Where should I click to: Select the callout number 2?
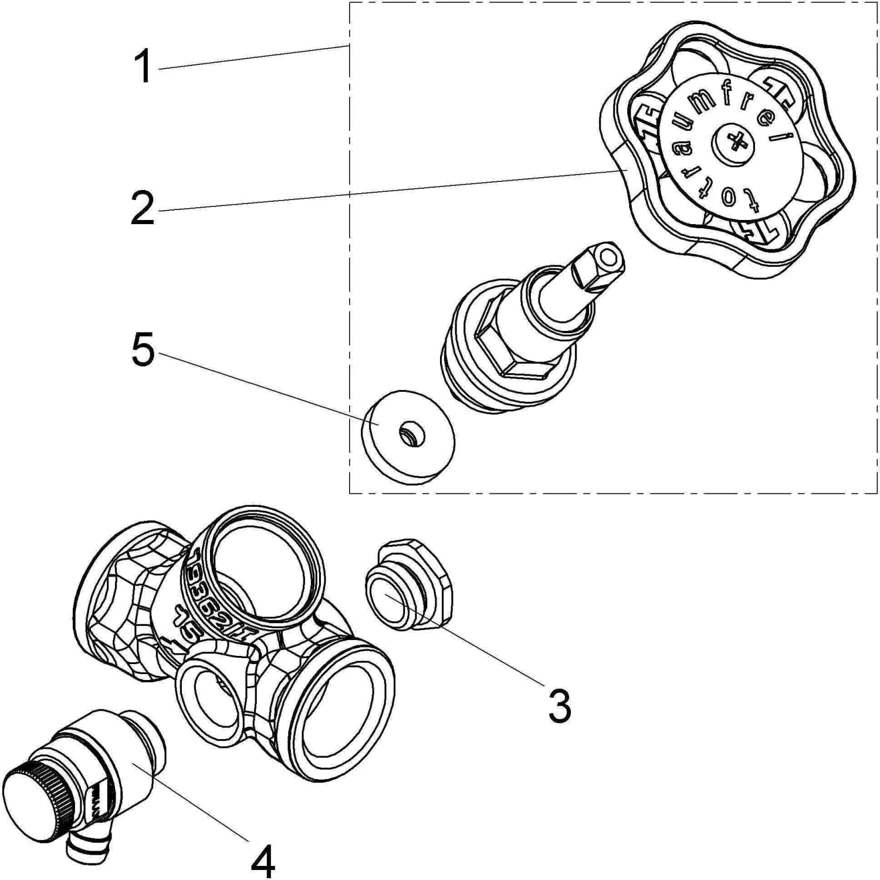[x=143, y=207]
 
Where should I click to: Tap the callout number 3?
[x=559, y=706]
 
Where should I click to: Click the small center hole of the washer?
[x=407, y=434]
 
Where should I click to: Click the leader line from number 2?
[x=387, y=190]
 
